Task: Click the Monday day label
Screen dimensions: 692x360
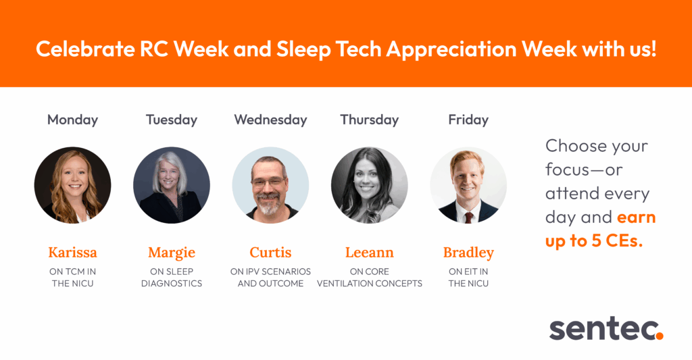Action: pos(72,120)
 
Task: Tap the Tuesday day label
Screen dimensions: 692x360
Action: pos(172,120)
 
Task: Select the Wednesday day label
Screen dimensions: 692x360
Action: pos(270,120)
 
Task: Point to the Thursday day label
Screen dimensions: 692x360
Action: pos(370,120)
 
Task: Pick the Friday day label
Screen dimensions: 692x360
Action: pos(468,120)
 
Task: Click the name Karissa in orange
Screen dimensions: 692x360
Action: pos(72,253)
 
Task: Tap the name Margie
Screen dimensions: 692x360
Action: pos(172,253)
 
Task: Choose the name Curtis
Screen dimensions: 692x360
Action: pos(270,253)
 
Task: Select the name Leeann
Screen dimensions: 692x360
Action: pos(370,253)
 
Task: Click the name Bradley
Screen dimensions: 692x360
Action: pos(468,253)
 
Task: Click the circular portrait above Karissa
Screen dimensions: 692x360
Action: pos(72,185)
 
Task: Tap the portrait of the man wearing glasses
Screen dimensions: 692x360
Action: pos(270,185)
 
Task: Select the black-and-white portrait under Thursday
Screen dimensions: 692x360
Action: pos(370,185)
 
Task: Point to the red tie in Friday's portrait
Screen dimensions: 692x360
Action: pos(469,217)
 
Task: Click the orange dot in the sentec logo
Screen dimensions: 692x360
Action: pos(660,336)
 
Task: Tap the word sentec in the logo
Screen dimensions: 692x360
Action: pos(602,330)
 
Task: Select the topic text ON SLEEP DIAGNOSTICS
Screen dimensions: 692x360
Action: pos(172,278)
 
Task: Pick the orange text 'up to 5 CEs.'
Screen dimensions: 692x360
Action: pos(594,241)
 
